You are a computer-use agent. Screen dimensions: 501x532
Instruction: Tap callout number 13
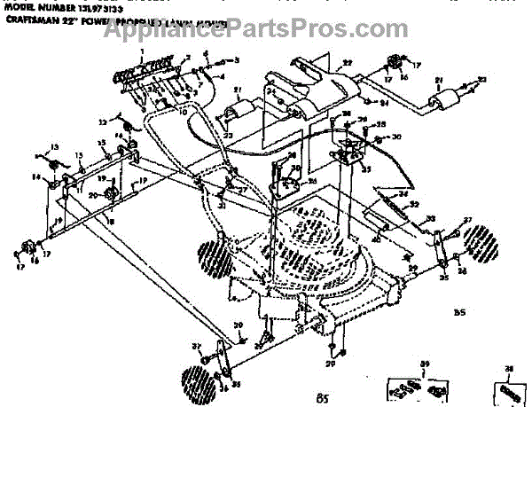pos(53,146)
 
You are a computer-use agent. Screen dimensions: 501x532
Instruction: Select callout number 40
pos(376,238)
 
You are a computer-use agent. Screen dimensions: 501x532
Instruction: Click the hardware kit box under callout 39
pos(418,389)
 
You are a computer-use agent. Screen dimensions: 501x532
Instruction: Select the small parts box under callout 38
pos(508,390)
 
